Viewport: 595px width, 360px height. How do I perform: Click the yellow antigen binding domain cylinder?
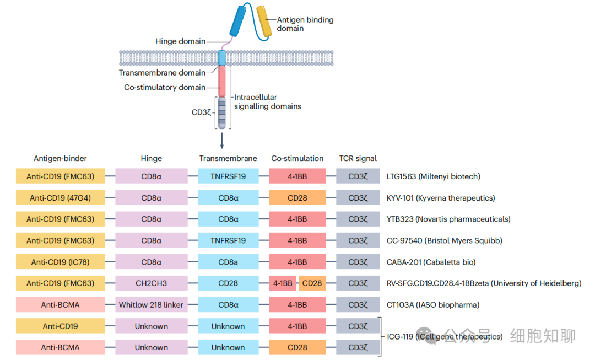tap(266, 22)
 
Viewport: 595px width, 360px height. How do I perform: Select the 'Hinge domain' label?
tap(180, 41)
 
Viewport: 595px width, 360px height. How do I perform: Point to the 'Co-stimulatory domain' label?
tap(165, 87)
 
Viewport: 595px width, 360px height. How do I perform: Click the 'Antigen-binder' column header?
tap(60, 158)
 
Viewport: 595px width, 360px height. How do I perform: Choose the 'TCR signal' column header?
tap(358, 158)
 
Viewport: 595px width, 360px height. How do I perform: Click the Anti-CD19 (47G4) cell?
tap(60, 198)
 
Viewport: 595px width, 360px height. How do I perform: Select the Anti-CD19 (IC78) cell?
tap(60, 262)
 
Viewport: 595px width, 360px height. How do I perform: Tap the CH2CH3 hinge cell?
tap(152, 283)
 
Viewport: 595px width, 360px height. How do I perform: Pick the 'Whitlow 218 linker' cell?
tap(152, 304)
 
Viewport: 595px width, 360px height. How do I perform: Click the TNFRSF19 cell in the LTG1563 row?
tap(228, 176)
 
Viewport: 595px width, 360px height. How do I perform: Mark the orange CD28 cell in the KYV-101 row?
tap(297, 198)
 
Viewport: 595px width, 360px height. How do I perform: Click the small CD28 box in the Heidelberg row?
tap(312, 283)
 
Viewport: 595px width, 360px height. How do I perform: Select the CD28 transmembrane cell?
tap(228, 283)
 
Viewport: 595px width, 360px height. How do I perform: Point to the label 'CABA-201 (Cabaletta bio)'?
tap(431, 262)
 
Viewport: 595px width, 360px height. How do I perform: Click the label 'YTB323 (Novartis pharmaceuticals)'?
tap(448, 219)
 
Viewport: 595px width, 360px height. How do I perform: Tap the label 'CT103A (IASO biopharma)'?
tap(433, 304)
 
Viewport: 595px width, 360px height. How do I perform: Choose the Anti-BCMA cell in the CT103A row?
tap(60, 304)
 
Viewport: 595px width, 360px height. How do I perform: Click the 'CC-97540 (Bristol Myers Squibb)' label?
tap(445, 240)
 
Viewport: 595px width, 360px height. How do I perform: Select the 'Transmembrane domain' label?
tap(162, 73)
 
